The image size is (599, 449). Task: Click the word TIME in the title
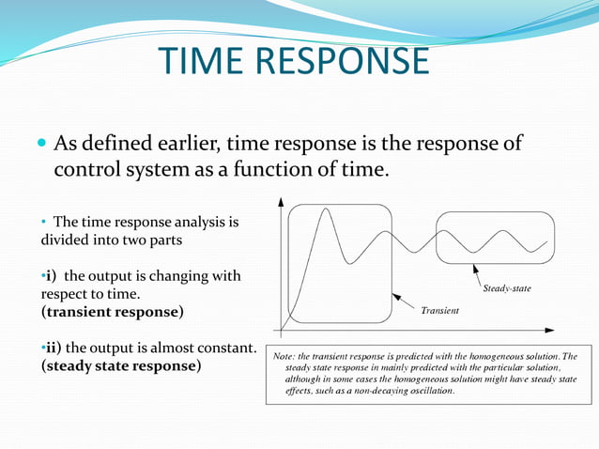point(205,61)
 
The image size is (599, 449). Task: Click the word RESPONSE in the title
point(343,61)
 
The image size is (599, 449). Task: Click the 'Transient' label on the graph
point(439,310)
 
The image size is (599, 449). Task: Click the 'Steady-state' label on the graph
point(506,288)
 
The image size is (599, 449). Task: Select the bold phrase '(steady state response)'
point(120,365)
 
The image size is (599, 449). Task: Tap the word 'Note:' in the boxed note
point(285,356)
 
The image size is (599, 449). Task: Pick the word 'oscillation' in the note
point(428,390)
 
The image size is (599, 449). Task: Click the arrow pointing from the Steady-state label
point(474,275)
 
